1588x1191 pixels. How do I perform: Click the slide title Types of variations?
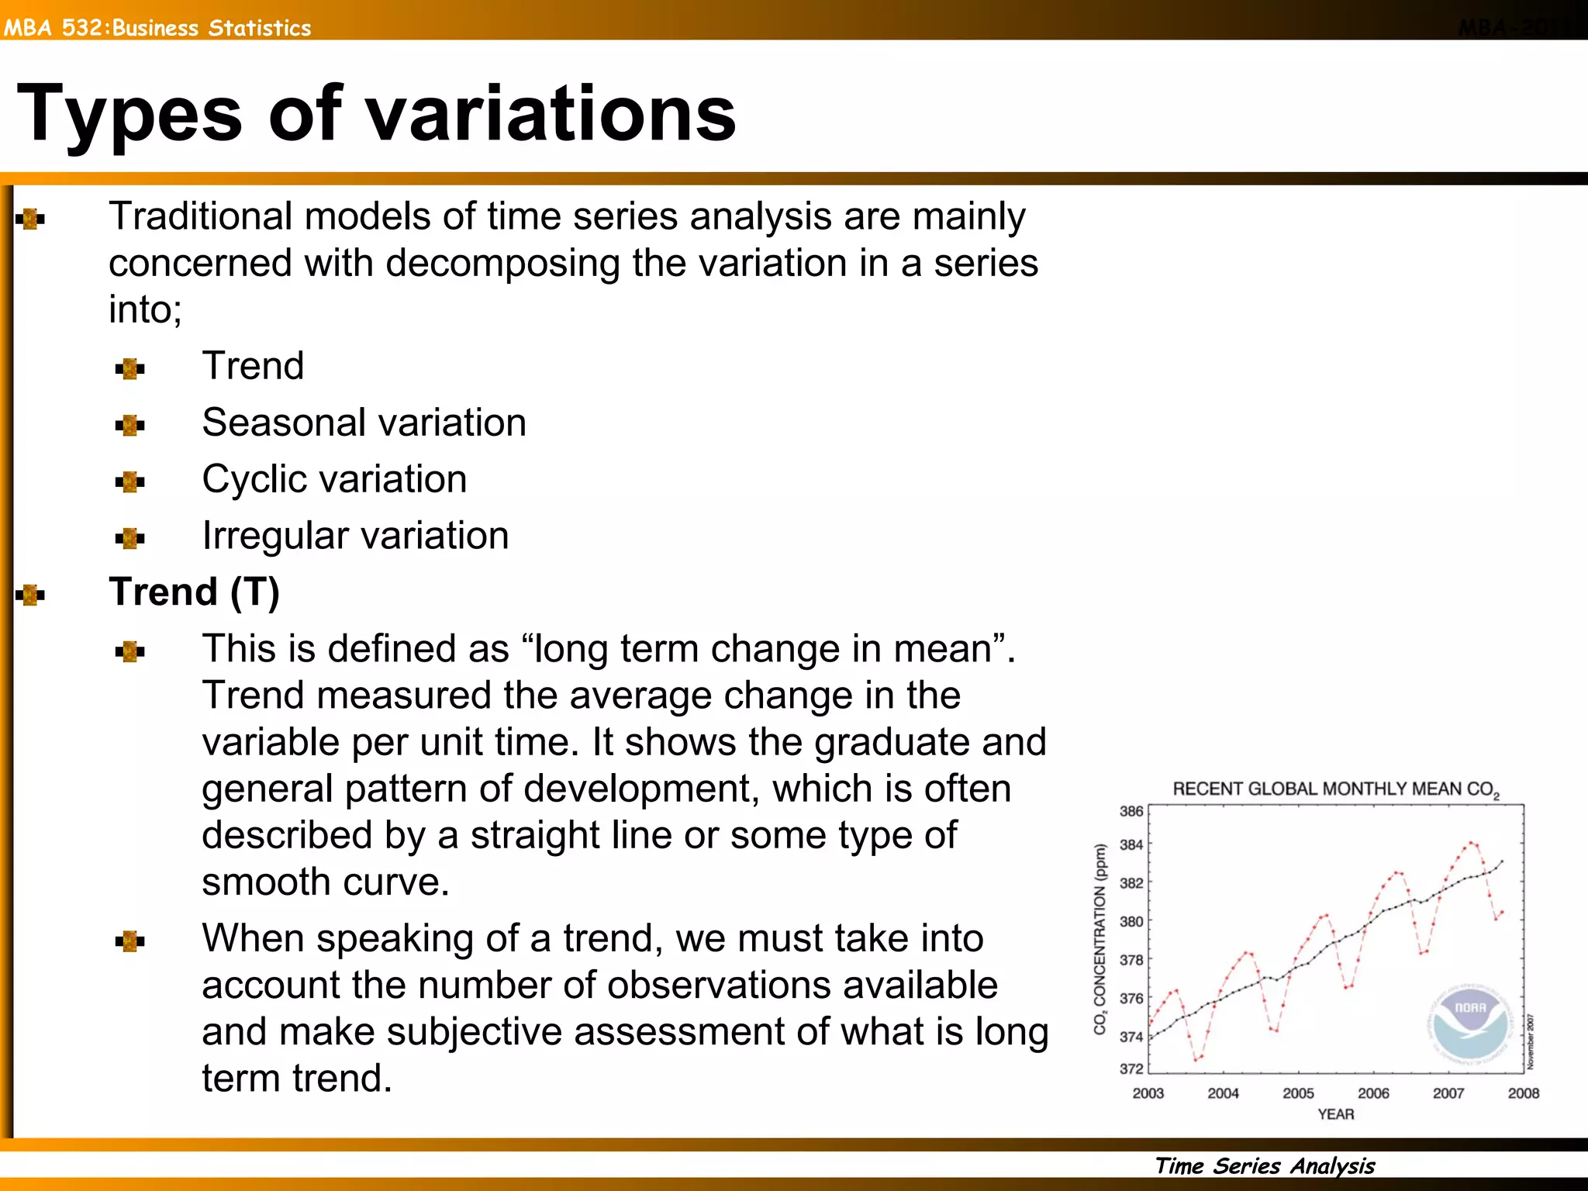click(x=376, y=114)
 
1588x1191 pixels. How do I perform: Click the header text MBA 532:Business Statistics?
click(x=157, y=28)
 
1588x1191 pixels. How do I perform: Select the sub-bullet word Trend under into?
click(x=253, y=365)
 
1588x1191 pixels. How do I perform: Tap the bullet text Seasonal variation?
click(x=364, y=423)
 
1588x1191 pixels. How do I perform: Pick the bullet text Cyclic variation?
click(x=334, y=479)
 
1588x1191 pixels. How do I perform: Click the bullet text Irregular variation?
click(x=355, y=536)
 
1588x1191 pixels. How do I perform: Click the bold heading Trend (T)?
click(x=194, y=592)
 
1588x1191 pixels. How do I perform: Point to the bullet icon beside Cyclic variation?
click(x=129, y=482)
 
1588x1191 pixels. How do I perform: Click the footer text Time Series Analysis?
click(x=1265, y=1166)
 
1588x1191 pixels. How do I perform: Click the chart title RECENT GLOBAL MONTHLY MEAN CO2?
click(x=1335, y=789)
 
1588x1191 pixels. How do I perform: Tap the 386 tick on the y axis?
click(x=1131, y=811)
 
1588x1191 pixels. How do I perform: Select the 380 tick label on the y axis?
click(x=1131, y=921)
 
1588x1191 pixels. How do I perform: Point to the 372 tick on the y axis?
click(x=1131, y=1068)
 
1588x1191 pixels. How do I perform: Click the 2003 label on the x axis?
click(x=1148, y=1093)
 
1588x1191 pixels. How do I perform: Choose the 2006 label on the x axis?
click(x=1373, y=1093)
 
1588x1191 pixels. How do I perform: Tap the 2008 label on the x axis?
click(x=1523, y=1093)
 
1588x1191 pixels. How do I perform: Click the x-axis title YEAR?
click(x=1335, y=1114)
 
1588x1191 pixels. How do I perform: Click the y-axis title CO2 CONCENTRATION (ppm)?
click(x=1100, y=939)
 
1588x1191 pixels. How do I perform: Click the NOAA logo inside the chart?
click(x=1470, y=1024)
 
